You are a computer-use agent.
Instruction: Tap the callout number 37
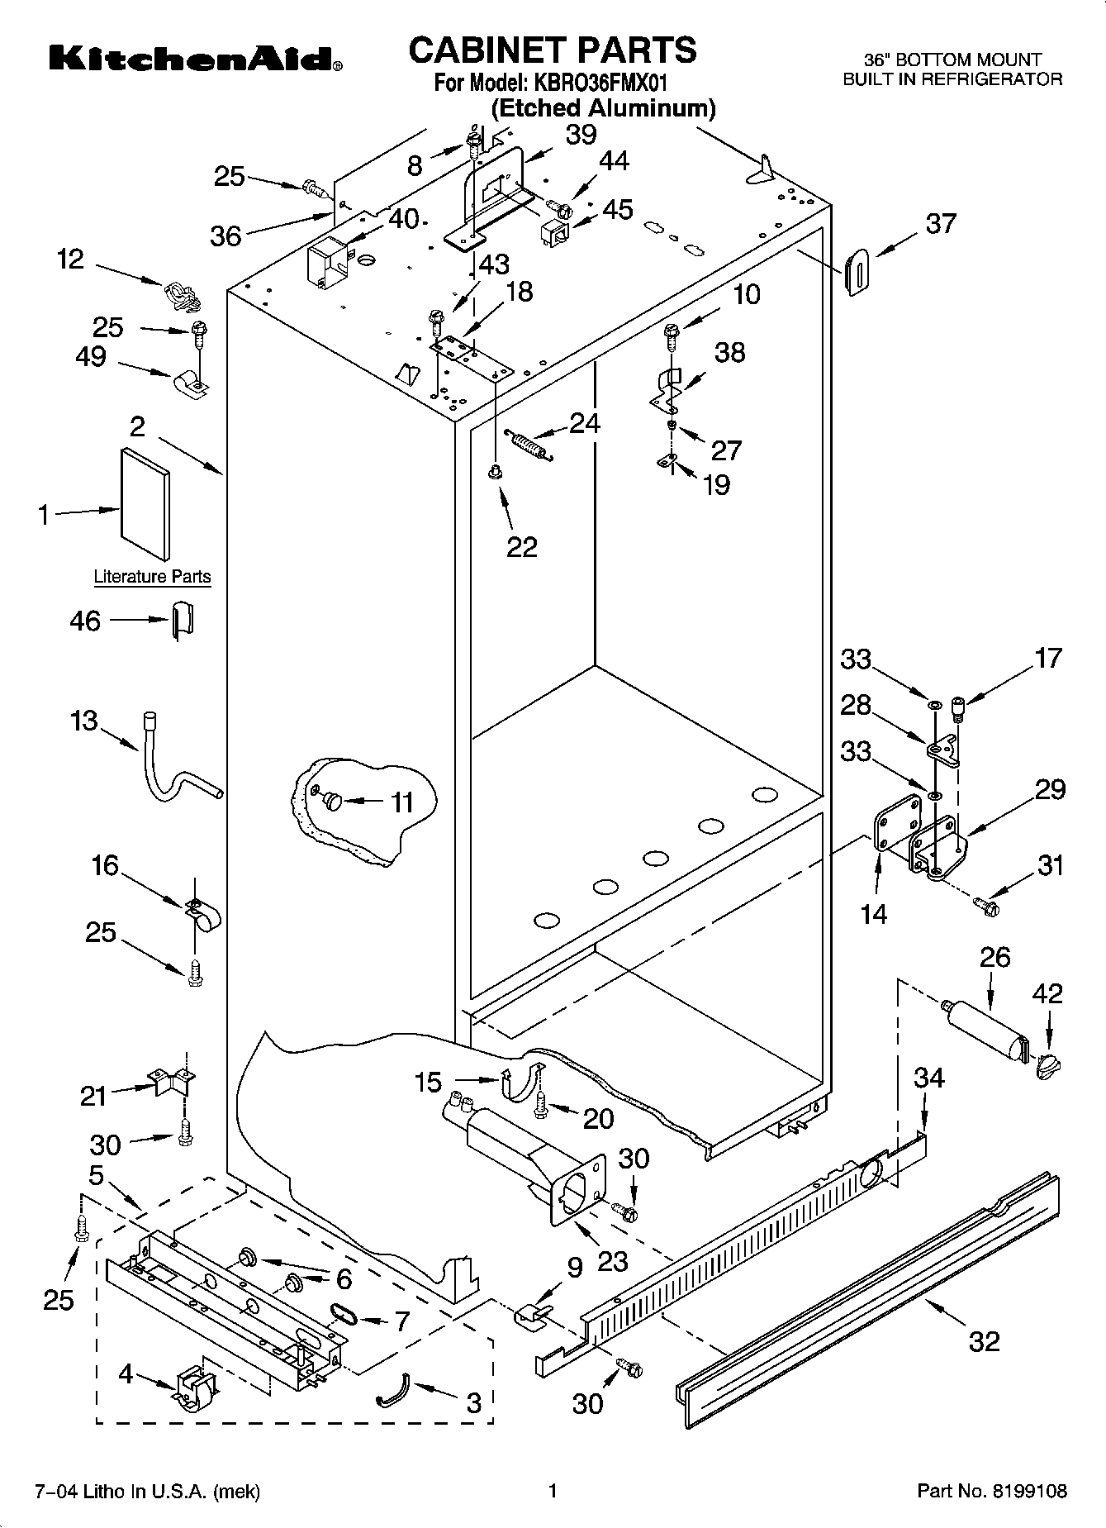941,223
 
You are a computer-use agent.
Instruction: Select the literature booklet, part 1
145,504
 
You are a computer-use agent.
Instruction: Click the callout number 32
984,1340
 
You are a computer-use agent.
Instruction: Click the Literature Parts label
152,577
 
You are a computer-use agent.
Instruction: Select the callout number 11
401,802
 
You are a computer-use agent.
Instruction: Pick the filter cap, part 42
1046,1067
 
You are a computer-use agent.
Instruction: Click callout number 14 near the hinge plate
874,913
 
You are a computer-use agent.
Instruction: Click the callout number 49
91,357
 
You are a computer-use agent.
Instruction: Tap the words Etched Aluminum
603,108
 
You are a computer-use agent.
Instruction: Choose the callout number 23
613,1261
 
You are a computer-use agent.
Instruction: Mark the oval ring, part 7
340,1311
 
